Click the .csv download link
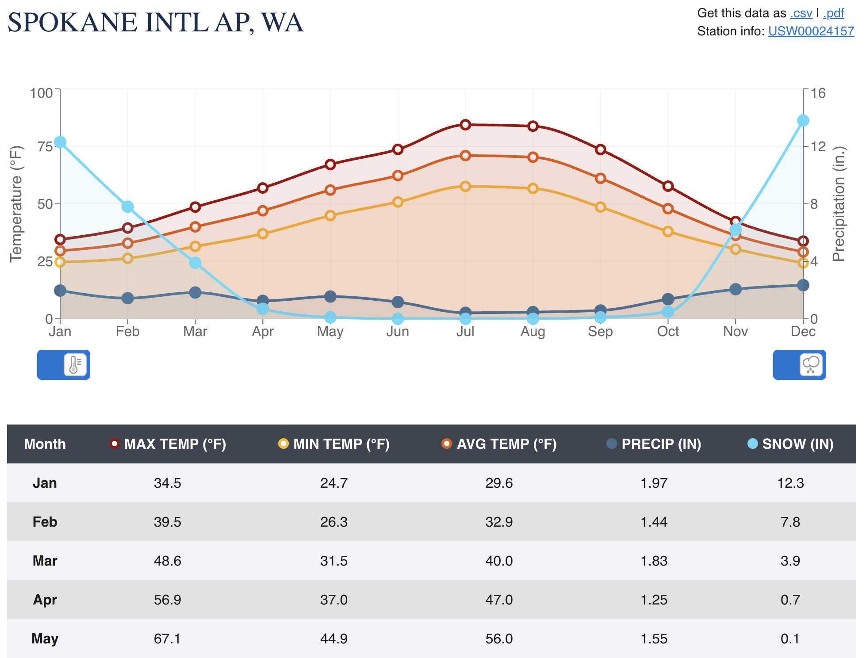coord(801,13)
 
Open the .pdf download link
coord(833,13)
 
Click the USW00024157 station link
coord(811,31)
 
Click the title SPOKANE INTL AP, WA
coord(156,23)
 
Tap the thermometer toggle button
coord(74,365)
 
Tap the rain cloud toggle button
coord(810,365)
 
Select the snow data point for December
coord(803,121)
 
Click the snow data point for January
coord(60,142)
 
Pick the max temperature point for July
coord(465,125)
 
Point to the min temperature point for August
coord(533,188)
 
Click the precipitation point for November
coord(735,289)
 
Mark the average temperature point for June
coord(398,176)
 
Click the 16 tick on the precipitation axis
coord(818,93)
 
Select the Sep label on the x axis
coord(600,332)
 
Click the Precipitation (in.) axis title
coord(839,204)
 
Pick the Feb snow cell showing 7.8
coord(790,522)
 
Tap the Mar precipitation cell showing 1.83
coord(654,561)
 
